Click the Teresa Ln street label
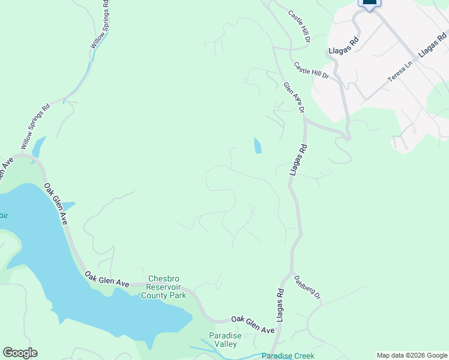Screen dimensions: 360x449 pos(400,71)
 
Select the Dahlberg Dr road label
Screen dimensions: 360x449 pos(307,287)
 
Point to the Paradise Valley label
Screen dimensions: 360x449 pos(225,340)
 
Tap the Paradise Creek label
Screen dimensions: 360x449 pos(288,356)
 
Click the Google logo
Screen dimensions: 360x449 pos(20,353)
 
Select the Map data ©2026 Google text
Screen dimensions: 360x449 pos(412,356)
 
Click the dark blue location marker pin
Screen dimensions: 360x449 pos(369,3)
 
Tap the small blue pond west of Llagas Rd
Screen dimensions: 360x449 pos(258,146)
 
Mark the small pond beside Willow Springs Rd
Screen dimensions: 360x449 pos(37,146)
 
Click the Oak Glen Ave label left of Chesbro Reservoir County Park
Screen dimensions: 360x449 pos(107,278)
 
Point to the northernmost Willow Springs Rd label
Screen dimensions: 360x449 pos(100,25)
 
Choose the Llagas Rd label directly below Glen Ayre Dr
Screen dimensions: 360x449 pos(298,160)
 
